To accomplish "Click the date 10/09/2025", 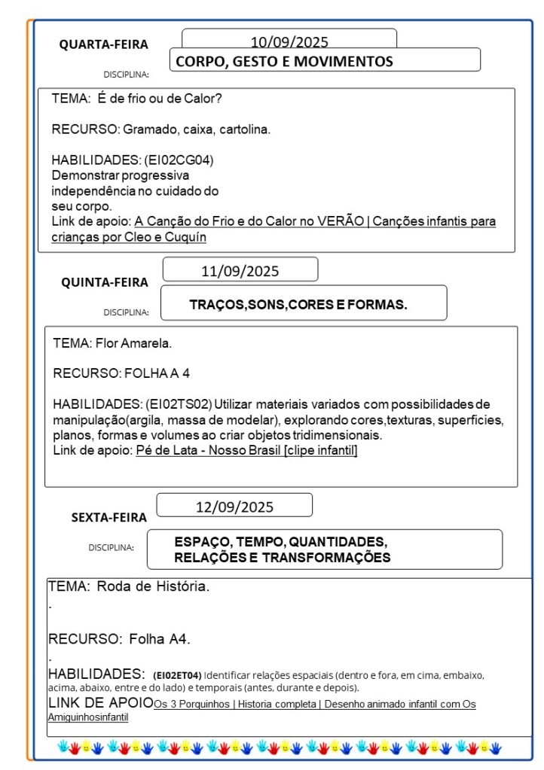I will tap(289, 42).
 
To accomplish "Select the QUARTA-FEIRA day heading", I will tap(104, 44).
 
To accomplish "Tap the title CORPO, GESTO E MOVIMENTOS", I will tap(284, 62).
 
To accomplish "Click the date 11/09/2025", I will tap(240, 271).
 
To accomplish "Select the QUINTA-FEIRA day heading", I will tap(105, 282).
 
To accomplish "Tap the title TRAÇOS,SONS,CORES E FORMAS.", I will tap(298, 305).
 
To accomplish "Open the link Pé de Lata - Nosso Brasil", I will tap(246, 450).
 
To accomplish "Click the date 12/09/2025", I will tap(234, 507).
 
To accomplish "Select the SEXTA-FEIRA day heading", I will tap(109, 517).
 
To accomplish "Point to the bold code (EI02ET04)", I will tap(177, 674).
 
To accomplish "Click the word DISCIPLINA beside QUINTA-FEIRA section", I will tap(126, 312).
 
